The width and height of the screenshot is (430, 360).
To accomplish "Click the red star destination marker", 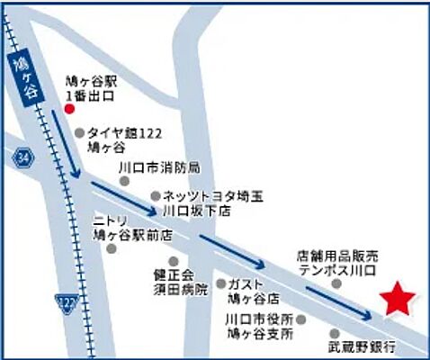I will tap(396, 300).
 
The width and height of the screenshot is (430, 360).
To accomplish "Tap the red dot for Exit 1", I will tap(69, 110).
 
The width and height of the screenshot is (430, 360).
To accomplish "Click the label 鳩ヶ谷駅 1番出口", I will tap(99, 85).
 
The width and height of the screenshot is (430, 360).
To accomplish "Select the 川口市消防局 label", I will tap(159, 169).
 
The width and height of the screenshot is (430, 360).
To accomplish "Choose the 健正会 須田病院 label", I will tap(180, 283).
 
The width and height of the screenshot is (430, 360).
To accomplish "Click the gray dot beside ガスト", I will tap(219, 282).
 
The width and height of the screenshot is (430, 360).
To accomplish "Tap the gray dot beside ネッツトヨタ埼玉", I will tap(155, 194).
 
